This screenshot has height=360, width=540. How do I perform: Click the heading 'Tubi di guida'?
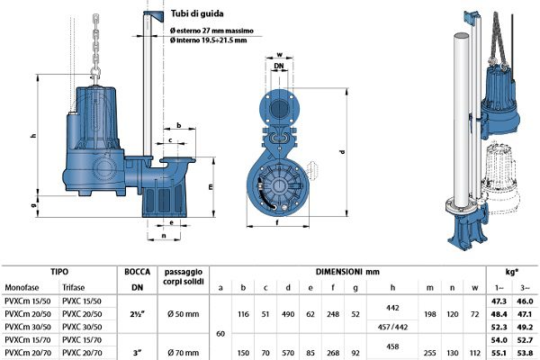(x=206, y=15)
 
